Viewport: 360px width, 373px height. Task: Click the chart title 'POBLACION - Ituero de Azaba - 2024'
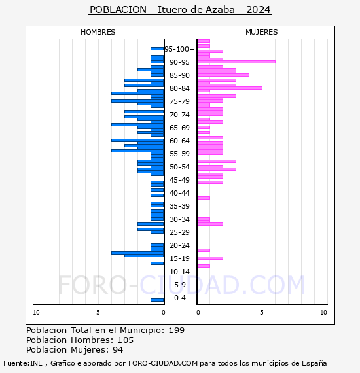180,10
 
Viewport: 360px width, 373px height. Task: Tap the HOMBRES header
98,32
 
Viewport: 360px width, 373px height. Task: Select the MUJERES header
261,32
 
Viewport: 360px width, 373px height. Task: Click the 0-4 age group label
180,298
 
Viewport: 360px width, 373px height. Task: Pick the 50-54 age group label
180,167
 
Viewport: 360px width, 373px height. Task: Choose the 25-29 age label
180,232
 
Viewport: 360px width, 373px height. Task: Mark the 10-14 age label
180,272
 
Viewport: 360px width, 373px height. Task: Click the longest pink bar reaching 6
236,62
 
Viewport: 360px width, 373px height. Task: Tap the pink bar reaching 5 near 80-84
229,88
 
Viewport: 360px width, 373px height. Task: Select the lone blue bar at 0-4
157,300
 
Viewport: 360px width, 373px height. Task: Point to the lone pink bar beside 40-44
204,198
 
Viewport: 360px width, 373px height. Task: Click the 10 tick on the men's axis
36,313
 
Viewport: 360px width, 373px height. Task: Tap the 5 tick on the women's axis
261,313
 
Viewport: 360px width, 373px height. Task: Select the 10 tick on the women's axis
323,313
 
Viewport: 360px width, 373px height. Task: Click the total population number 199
176,330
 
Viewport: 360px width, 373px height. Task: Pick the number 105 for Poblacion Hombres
125,340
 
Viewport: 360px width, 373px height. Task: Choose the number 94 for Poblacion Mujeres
117,350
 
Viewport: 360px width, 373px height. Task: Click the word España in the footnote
313,363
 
